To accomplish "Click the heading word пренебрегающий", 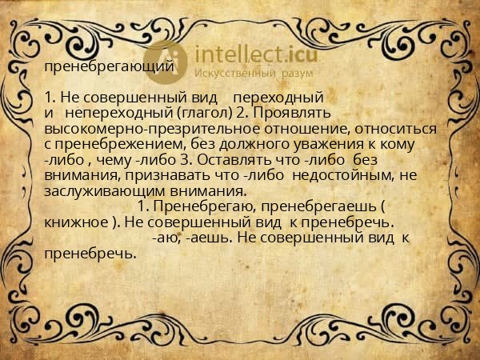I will click(109, 67).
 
